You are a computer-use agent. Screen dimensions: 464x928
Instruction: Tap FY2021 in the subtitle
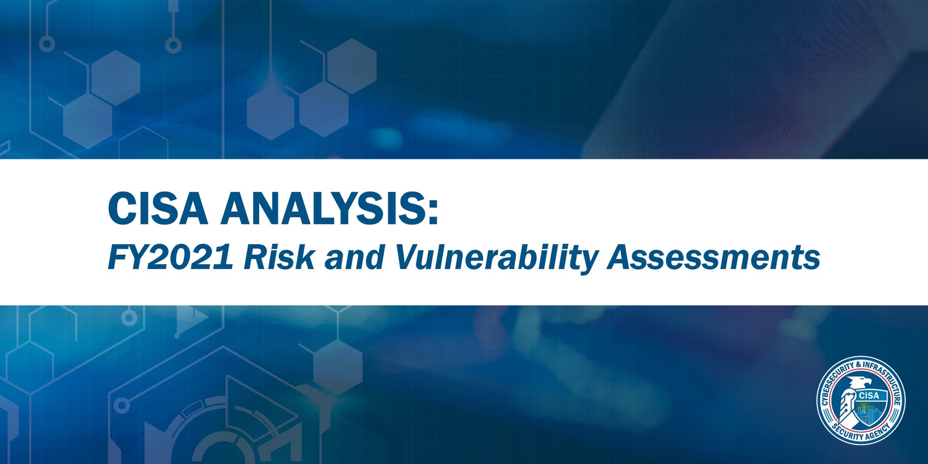[x=170, y=257]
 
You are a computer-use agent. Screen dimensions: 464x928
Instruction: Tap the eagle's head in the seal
[x=859, y=383]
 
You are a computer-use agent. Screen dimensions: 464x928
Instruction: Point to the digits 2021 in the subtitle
[x=185, y=257]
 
